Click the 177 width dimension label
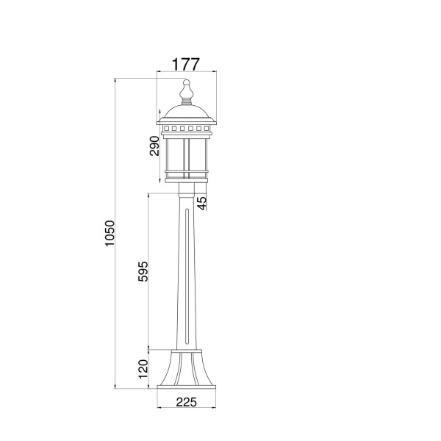pos(186,63)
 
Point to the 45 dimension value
pos(202,201)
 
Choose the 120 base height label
pos(144,367)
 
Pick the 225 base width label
pos(186,402)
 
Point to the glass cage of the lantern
pos(187,154)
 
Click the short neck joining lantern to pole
pos(187,189)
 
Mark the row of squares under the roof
pos(187,128)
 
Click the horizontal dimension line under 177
pos(186,72)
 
